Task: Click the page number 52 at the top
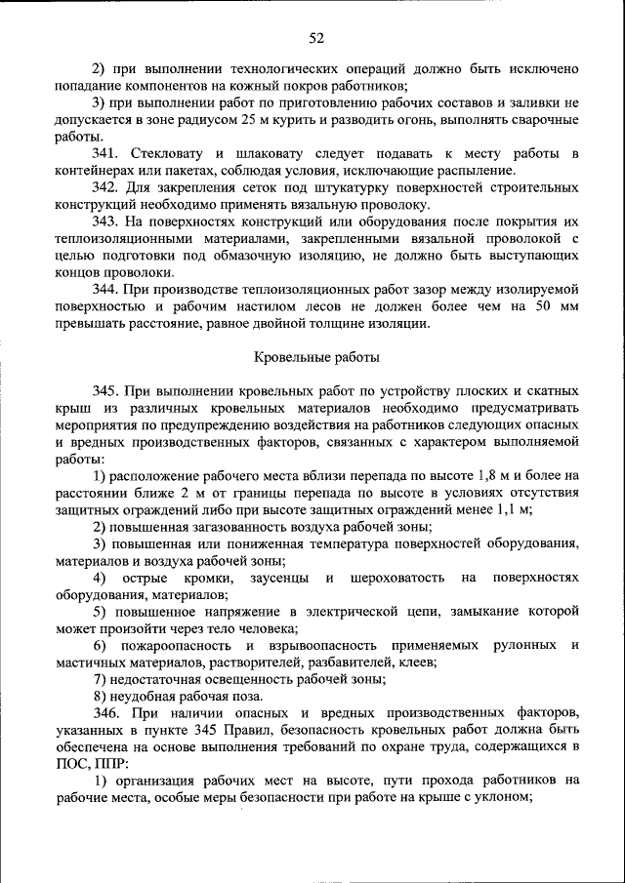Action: (316, 38)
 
